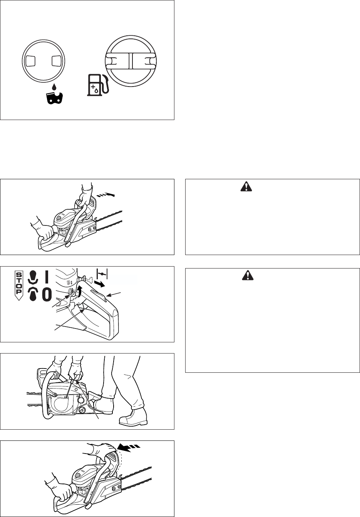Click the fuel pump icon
[97, 85]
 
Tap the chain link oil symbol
[55, 98]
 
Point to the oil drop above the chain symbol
[54, 87]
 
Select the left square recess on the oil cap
[30, 61]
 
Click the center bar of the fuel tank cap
[131, 61]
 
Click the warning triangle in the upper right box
[246, 186]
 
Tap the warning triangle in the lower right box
[248, 275]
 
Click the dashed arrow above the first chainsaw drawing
[105, 195]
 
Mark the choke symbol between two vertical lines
[102, 274]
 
